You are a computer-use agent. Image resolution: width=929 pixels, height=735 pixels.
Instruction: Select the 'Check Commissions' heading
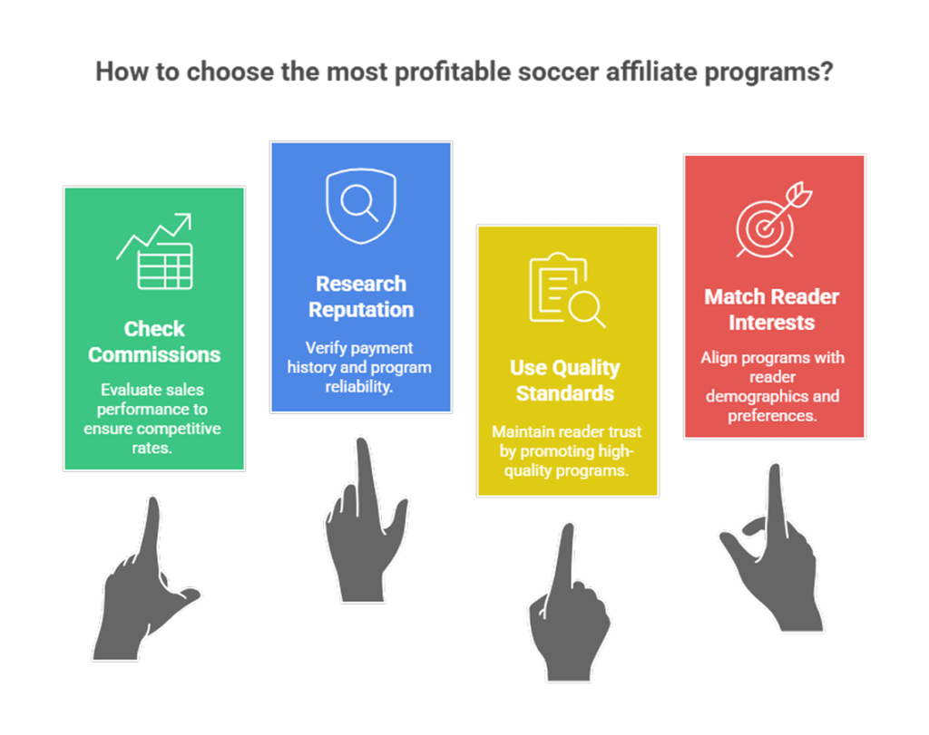(x=154, y=342)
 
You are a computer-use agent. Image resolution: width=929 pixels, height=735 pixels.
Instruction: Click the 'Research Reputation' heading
(x=361, y=296)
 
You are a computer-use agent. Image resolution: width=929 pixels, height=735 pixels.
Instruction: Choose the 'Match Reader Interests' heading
(x=772, y=309)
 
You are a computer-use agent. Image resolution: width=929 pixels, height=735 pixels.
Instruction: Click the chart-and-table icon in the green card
(x=155, y=252)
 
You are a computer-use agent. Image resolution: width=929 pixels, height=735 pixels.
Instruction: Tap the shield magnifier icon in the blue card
(x=361, y=205)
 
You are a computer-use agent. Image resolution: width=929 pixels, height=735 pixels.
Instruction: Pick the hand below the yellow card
(x=567, y=616)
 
